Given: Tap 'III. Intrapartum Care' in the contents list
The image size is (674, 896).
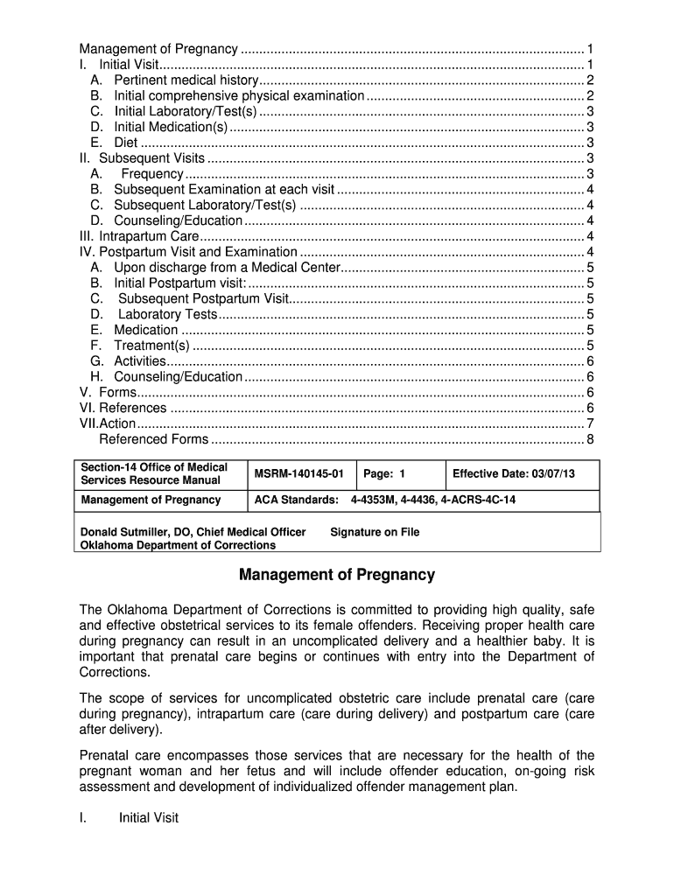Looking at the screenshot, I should (139, 236).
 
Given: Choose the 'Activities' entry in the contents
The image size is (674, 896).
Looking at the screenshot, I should (140, 361).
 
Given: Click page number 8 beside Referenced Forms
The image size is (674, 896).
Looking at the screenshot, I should (591, 439).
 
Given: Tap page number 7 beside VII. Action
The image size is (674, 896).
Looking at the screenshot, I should (591, 423).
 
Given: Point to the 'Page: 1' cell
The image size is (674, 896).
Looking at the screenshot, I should (384, 474).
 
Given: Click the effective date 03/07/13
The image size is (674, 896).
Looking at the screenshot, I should (551, 474).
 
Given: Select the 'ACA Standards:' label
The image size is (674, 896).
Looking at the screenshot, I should (296, 500).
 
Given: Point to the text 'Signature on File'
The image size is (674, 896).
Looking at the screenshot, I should (375, 532).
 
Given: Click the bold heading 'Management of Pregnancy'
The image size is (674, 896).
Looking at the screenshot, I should (337, 575).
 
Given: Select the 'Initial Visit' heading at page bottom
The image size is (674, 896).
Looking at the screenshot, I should (148, 817).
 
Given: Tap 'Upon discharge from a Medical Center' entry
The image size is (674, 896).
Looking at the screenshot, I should (226, 268).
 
